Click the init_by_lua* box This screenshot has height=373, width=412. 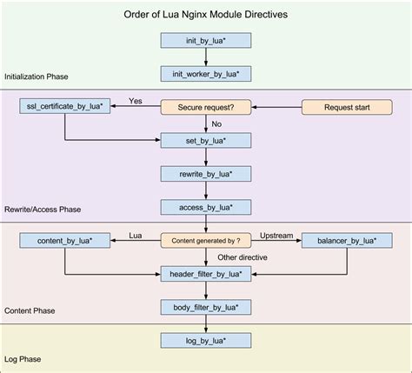tap(206, 40)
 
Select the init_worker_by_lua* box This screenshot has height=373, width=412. tap(206, 74)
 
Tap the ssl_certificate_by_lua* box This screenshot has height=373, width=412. tap(64, 107)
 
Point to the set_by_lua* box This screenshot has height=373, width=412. tap(206, 140)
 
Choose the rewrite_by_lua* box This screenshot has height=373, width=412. tap(206, 174)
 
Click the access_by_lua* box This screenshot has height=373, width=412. tap(206, 207)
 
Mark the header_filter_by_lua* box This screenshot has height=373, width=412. tap(206, 273)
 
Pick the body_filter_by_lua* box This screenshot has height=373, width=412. tap(206, 307)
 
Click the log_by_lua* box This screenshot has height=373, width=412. tap(206, 341)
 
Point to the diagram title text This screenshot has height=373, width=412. tap(206, 16)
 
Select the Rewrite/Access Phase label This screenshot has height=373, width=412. tap(43, 209)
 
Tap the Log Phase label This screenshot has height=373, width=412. tap(23, 358)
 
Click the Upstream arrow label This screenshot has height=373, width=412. tap(276, 234)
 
